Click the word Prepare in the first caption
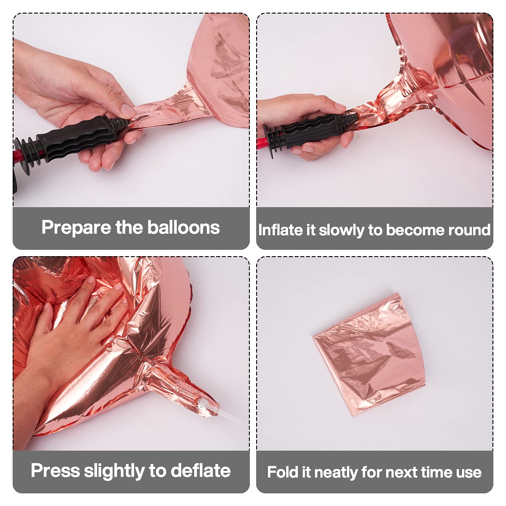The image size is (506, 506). click(x=77, y=228)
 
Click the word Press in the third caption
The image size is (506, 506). click(x=55, y=471)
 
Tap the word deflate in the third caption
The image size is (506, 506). click(x=201, y=471)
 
